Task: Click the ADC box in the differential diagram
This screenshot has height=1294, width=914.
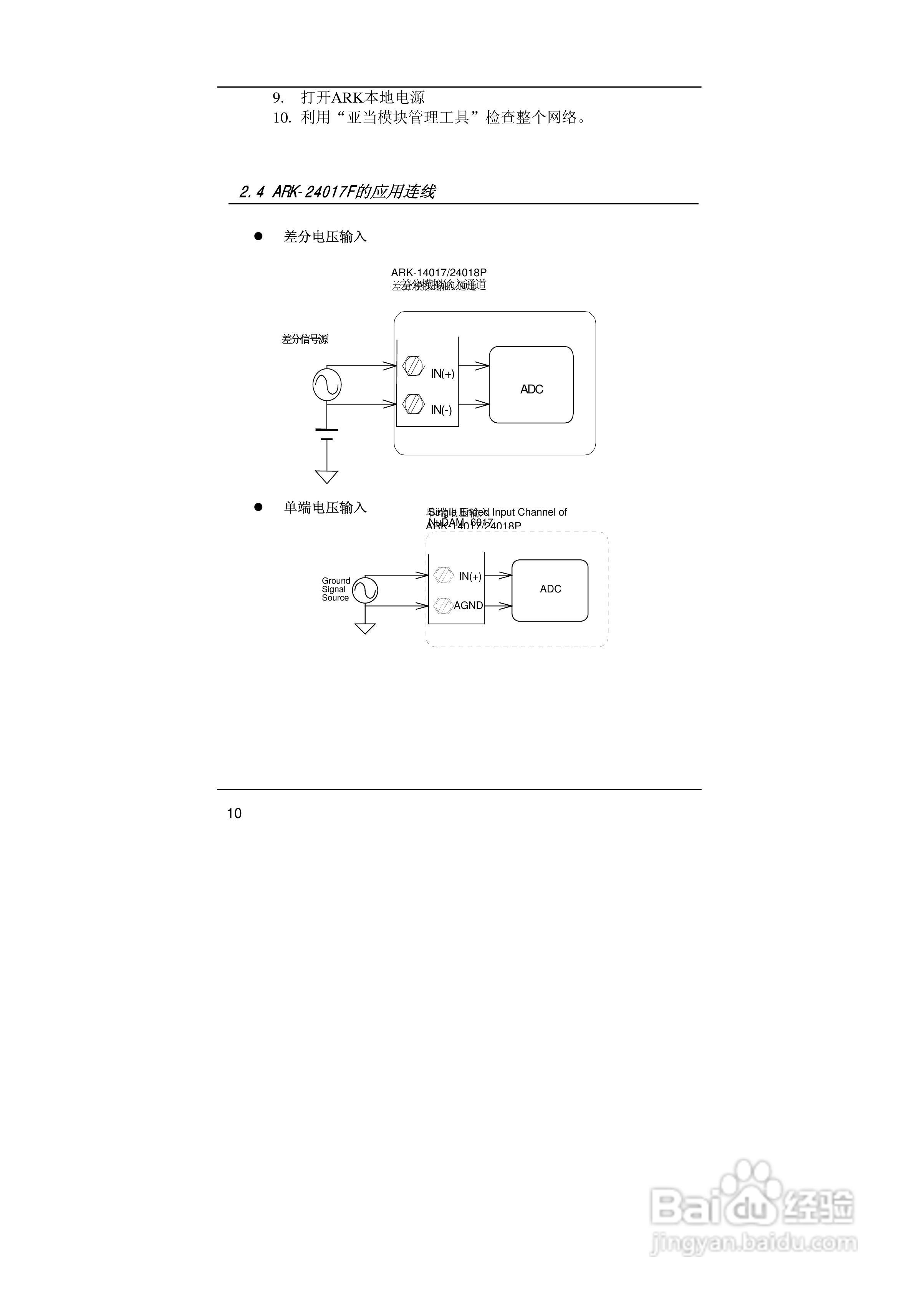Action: coord(531,385)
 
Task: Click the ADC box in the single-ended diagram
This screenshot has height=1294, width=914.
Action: coord(550,590)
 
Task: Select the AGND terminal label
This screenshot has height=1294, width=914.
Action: coord(468,605)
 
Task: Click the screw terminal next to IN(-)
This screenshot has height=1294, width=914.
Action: coord(414,405)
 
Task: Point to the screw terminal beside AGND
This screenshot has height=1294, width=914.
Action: coord(444,605)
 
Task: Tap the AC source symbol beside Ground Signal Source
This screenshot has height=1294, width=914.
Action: coord(365,591)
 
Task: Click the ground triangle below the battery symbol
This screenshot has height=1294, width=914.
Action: coord(327,477)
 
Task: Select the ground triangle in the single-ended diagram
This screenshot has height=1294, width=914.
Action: coord(365,629)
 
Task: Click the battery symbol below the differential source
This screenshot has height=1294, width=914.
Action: coord(327,435)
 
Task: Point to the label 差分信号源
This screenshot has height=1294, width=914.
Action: coord(305,339)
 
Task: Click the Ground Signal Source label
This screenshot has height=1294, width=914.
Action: coord(336,589)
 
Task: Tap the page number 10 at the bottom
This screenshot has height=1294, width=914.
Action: coord(234,813)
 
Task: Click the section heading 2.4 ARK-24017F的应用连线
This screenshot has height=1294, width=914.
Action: coord(337,192)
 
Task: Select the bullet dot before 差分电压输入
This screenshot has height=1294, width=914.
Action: coord(258,237)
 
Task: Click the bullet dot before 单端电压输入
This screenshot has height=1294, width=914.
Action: coord(258,507)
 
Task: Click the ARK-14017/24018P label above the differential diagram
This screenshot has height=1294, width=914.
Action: coord(439,273)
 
